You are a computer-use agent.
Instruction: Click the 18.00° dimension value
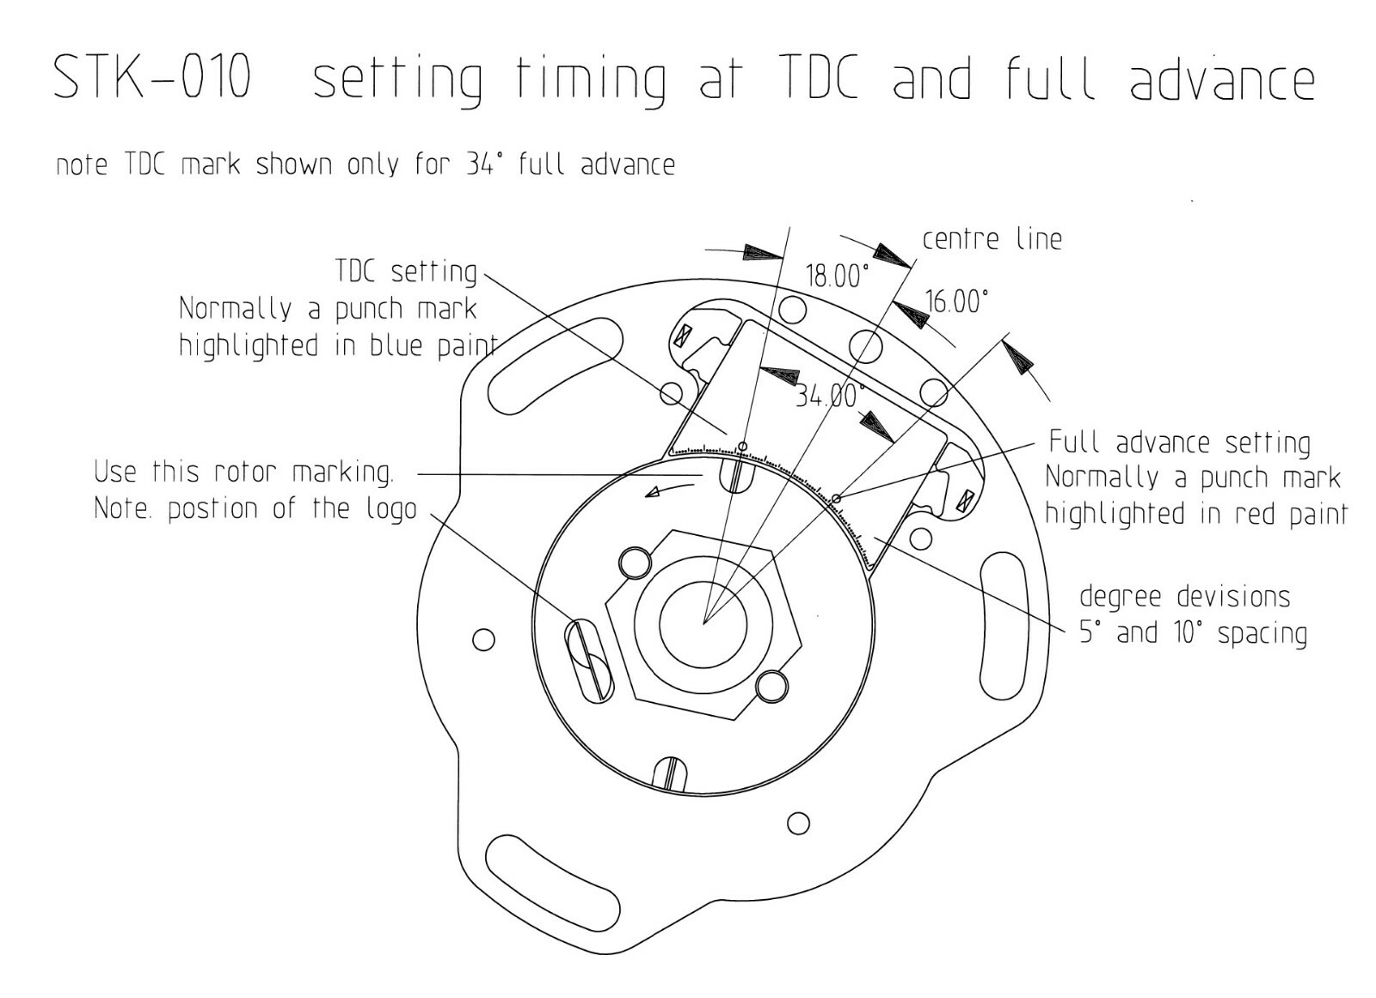838,276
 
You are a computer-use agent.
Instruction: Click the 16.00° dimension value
957,302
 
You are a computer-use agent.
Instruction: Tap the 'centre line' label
992,238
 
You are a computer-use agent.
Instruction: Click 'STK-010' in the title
152,77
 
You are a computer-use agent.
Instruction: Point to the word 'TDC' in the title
821,77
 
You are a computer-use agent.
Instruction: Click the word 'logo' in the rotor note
391,509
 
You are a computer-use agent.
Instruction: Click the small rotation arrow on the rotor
669,490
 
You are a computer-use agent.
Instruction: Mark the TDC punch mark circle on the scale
743,447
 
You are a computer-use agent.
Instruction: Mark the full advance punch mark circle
835,498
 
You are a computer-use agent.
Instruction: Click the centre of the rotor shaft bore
703,625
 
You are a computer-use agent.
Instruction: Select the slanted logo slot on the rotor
589,661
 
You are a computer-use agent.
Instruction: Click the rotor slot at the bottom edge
672,774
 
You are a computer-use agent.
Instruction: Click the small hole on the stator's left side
483,640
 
